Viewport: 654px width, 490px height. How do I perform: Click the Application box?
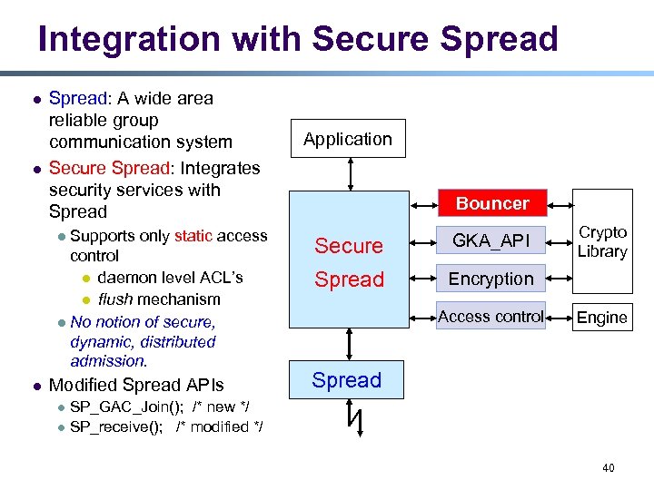pos(348,139)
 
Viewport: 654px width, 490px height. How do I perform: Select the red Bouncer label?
pos(491,202)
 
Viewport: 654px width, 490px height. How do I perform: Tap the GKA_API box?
pos(491,240)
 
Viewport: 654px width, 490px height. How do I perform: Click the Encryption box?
pos(491,279)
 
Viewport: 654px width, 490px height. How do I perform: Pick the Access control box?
pos(491,316)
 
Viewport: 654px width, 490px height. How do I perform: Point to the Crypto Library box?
pos(602,242)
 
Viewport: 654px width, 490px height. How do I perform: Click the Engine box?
pos(602,318)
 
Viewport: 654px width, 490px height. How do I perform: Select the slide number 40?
pos(608,467)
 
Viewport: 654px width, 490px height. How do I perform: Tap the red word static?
pos(193,236)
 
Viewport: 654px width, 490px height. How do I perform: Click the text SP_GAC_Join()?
pos(123,406)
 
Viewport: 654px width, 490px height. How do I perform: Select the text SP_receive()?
pos(117,426)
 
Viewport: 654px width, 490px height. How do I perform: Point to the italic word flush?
pos(115,299)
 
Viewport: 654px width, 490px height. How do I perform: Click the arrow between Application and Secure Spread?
pos(348,174)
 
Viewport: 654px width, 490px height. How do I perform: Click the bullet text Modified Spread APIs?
pos(135,385)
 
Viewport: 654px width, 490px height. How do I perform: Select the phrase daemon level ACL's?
pos(170,277)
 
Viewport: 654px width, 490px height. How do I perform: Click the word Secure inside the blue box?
pos(349,246)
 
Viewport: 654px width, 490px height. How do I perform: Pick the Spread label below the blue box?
pos(347,380)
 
